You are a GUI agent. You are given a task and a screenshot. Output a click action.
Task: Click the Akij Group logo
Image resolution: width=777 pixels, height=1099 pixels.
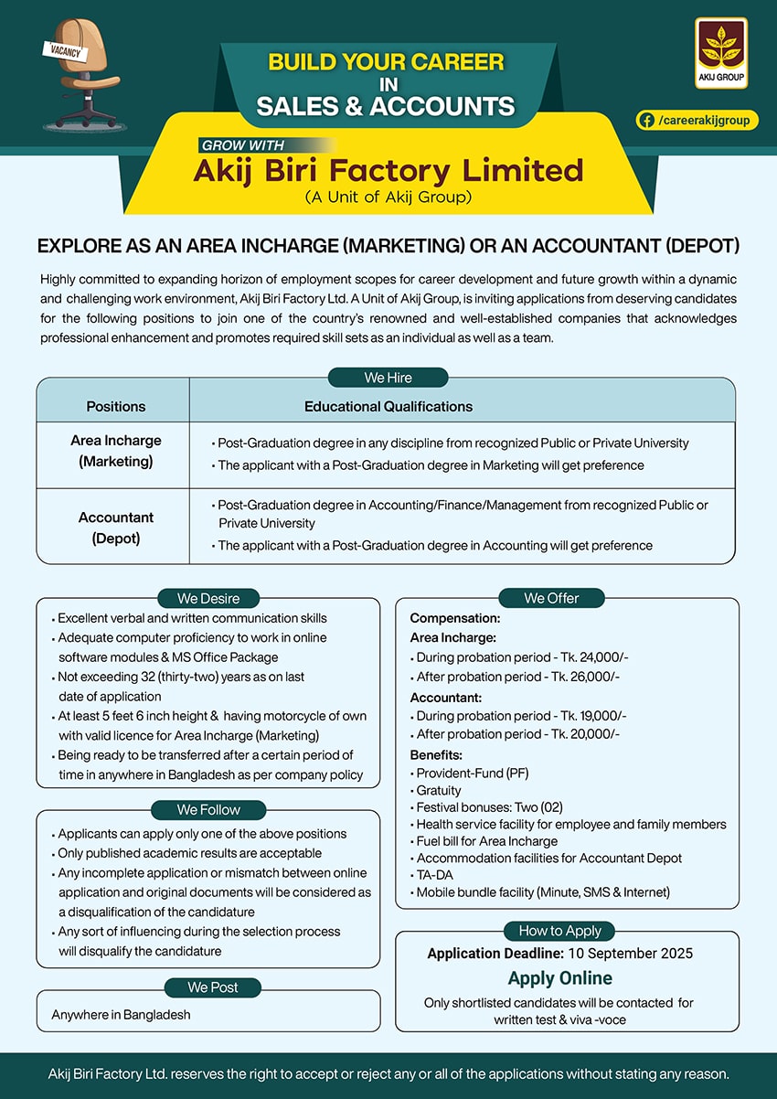(x=721, y=52)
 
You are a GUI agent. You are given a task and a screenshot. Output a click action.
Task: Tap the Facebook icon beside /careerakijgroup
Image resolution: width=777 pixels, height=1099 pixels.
(x=646, y=120)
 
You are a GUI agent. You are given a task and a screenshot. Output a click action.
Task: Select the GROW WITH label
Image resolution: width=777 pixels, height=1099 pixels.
(x=243, y=144)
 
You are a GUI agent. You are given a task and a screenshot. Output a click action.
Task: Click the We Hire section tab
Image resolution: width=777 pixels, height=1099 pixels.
(x=388, y=378)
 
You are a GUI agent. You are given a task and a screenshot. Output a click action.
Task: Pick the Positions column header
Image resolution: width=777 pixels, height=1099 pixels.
(x=116, y=406)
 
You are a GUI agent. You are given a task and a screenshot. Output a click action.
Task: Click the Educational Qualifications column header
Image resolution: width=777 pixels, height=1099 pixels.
(x=388, y=406)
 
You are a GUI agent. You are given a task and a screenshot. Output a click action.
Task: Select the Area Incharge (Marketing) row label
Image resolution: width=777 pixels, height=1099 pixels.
(x=116, y=451)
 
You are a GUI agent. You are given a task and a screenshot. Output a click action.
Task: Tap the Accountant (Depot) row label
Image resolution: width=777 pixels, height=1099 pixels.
(x=116, y=528)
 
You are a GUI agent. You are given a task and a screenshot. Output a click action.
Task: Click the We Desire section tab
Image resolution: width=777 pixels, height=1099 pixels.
(x=208, y=599)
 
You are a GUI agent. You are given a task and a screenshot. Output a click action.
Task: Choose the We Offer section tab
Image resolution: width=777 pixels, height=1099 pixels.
(x=551, y=598)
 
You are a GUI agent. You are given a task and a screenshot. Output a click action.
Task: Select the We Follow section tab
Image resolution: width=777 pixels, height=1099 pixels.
(x=208, y=809)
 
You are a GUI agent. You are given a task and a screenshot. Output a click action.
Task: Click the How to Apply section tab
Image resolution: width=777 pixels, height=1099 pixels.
(x=560, y=931)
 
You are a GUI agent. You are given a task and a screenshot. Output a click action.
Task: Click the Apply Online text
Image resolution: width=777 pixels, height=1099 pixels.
(x=560, y=978)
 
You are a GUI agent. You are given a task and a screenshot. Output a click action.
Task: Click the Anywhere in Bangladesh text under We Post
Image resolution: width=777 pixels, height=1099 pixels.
(x=122, y=1015)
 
